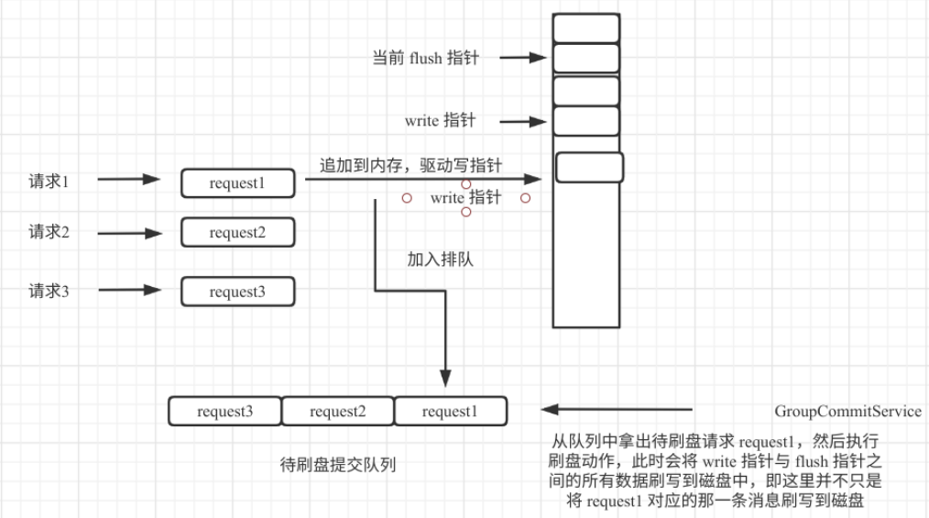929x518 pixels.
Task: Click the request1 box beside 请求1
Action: point(237,183)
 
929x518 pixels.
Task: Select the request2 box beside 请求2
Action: point(237,233)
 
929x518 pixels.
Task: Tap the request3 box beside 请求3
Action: point(237,292)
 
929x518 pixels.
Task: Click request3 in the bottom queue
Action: point(224,412)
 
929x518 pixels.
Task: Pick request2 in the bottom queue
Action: point(337,412)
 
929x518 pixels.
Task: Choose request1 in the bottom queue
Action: point(449,412)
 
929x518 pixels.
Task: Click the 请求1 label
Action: point(49,181)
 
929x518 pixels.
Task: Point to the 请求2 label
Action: point(49,232)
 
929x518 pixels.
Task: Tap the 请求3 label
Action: point(49,292)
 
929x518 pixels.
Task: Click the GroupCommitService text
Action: point(847,412)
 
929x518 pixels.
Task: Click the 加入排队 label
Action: point(440,259)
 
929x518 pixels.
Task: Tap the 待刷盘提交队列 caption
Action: point(338,465)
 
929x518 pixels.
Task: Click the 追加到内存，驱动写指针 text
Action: point(410,166)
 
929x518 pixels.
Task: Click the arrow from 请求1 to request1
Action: point(129,181)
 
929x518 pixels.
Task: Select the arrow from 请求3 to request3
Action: point(129,291)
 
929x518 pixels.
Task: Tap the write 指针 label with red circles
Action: point(465,198)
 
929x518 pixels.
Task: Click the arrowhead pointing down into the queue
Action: point(445,379)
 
